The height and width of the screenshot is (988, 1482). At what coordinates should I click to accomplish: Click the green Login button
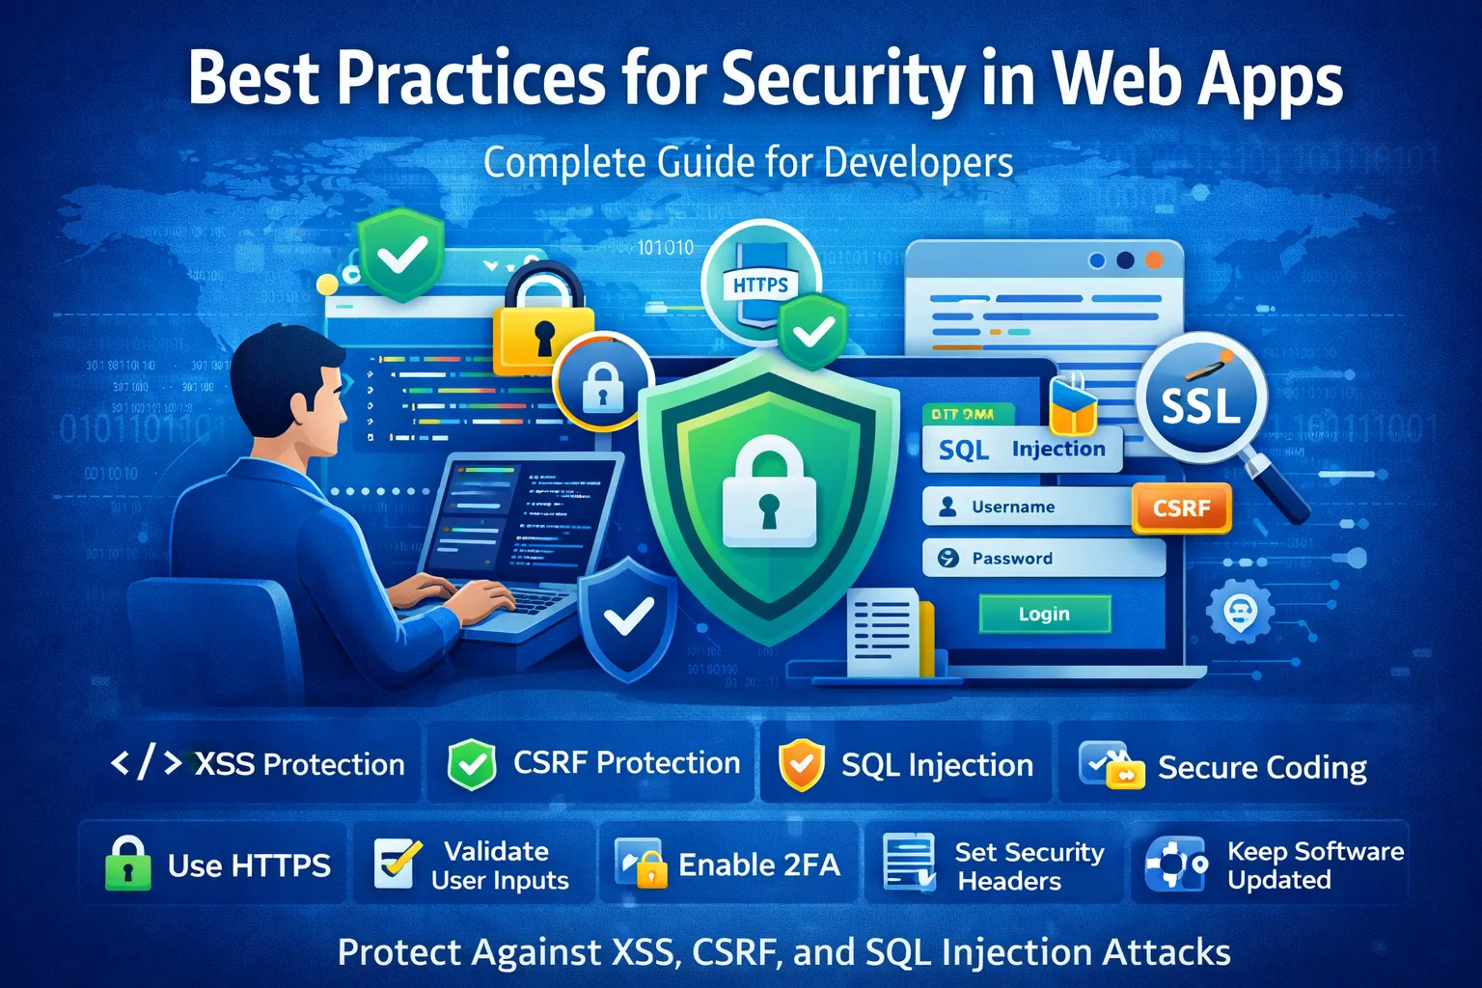pos(1044,614)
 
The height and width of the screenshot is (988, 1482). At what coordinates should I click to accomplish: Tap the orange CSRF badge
pos(1181,508)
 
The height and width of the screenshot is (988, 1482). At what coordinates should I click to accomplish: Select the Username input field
pos(1028,507)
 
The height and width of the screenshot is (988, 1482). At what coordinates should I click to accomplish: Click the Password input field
pos(1043,558)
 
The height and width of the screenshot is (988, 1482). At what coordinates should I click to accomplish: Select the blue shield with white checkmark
pos(627,617)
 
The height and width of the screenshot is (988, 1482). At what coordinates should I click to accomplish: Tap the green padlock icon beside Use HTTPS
pos(127,864)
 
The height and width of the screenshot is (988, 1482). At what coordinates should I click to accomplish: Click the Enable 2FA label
pos(759,864)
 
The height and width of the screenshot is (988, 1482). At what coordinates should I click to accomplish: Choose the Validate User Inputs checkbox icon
pos(396,864)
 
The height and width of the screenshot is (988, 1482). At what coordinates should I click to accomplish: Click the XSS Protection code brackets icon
pos(146,763)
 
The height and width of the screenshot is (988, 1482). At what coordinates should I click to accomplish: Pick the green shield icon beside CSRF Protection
pos(472,765)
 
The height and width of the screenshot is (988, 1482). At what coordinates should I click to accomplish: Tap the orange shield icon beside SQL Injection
pos(801,765)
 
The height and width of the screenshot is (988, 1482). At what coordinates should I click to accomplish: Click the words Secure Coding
pos(1262,767)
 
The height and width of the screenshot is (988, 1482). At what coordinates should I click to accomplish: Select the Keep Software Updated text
pos(1314,865)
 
